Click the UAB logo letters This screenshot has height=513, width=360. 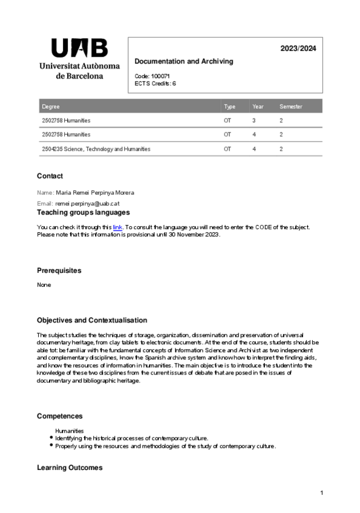pos(79,48)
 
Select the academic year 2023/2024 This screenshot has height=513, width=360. pos(298,48)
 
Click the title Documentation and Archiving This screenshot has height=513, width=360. pos(183,62)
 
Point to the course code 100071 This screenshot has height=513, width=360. pos(160,76)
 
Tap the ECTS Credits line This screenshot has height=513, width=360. pos(155,83)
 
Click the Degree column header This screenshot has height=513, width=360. pos(51,106)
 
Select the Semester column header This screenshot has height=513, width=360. pos(290,106)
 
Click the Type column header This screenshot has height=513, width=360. pos(229,106)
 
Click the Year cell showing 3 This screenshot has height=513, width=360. pos(254,120)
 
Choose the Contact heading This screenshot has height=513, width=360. pos(50,176)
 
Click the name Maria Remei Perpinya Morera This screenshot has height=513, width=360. pos(95,192)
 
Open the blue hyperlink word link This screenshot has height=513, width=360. pos(117,227)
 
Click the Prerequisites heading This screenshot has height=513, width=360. pos(59,270)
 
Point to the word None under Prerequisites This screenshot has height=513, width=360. pos(44,284)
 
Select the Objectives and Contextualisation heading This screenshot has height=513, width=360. pos(91,320)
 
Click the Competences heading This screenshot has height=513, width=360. pos(60,416)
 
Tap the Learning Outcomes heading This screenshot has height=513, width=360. pos(70,468)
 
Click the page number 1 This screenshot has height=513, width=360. pos(322,494)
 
